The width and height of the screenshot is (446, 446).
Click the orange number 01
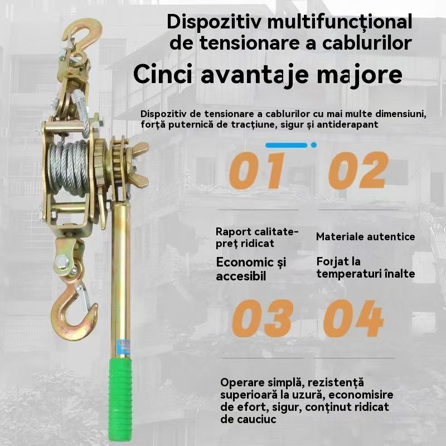coord(258,171)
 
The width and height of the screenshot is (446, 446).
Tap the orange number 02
coord(358,170)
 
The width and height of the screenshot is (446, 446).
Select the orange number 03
coord(263,318)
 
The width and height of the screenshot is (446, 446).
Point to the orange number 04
coord(353,318)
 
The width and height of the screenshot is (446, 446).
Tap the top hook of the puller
coord(83,34)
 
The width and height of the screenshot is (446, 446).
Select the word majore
coord(359,75)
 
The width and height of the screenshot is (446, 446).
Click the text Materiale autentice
coord(366,236)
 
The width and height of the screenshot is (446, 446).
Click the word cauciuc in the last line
coord(248,419)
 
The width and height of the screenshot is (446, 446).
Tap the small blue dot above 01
coord(314,145)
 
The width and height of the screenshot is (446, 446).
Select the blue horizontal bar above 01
coord(287,146)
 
